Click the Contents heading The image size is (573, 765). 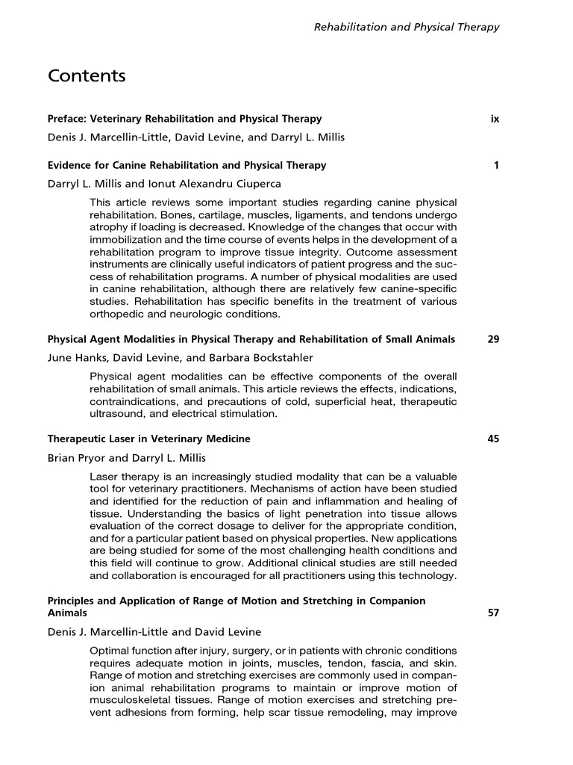tap(87, 76)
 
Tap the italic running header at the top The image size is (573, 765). tap(406, 27)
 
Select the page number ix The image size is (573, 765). tap(495, 119)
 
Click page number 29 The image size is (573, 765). tap(493, 339)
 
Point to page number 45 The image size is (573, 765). tap(493, 439)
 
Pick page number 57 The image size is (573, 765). tap(493, 613)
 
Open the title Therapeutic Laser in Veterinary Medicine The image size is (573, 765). tap(149, 439)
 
